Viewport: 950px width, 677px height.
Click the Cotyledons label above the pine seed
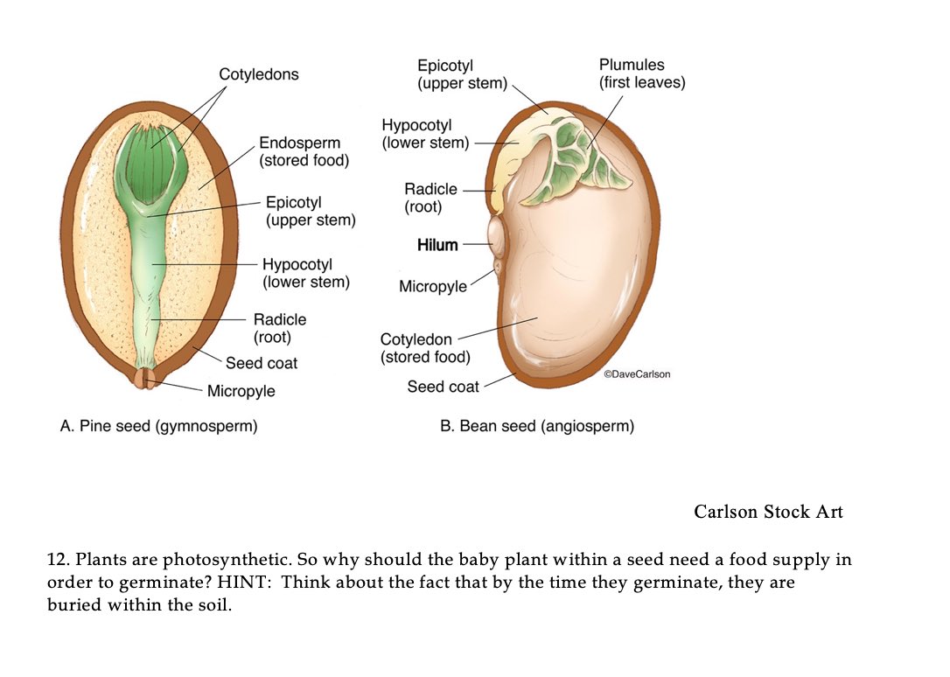click(258, 74)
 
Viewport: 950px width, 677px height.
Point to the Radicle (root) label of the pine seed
click(279, 328)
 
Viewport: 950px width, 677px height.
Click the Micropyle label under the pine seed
click(241, 391)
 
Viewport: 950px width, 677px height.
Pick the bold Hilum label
click(437, 245)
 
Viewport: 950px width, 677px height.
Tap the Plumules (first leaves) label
click(641, 73)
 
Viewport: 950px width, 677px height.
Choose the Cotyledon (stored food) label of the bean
click(424, 348)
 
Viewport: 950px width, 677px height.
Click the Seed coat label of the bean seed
click(443, 387)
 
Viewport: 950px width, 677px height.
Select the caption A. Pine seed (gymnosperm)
click(158, 427)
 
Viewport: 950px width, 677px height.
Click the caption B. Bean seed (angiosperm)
click(537, 427)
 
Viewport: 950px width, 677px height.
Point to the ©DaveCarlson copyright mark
click(637, 374)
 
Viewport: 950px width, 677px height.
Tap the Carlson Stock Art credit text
click(768, 512)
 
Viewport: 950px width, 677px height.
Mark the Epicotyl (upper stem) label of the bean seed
click(462, 74)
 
